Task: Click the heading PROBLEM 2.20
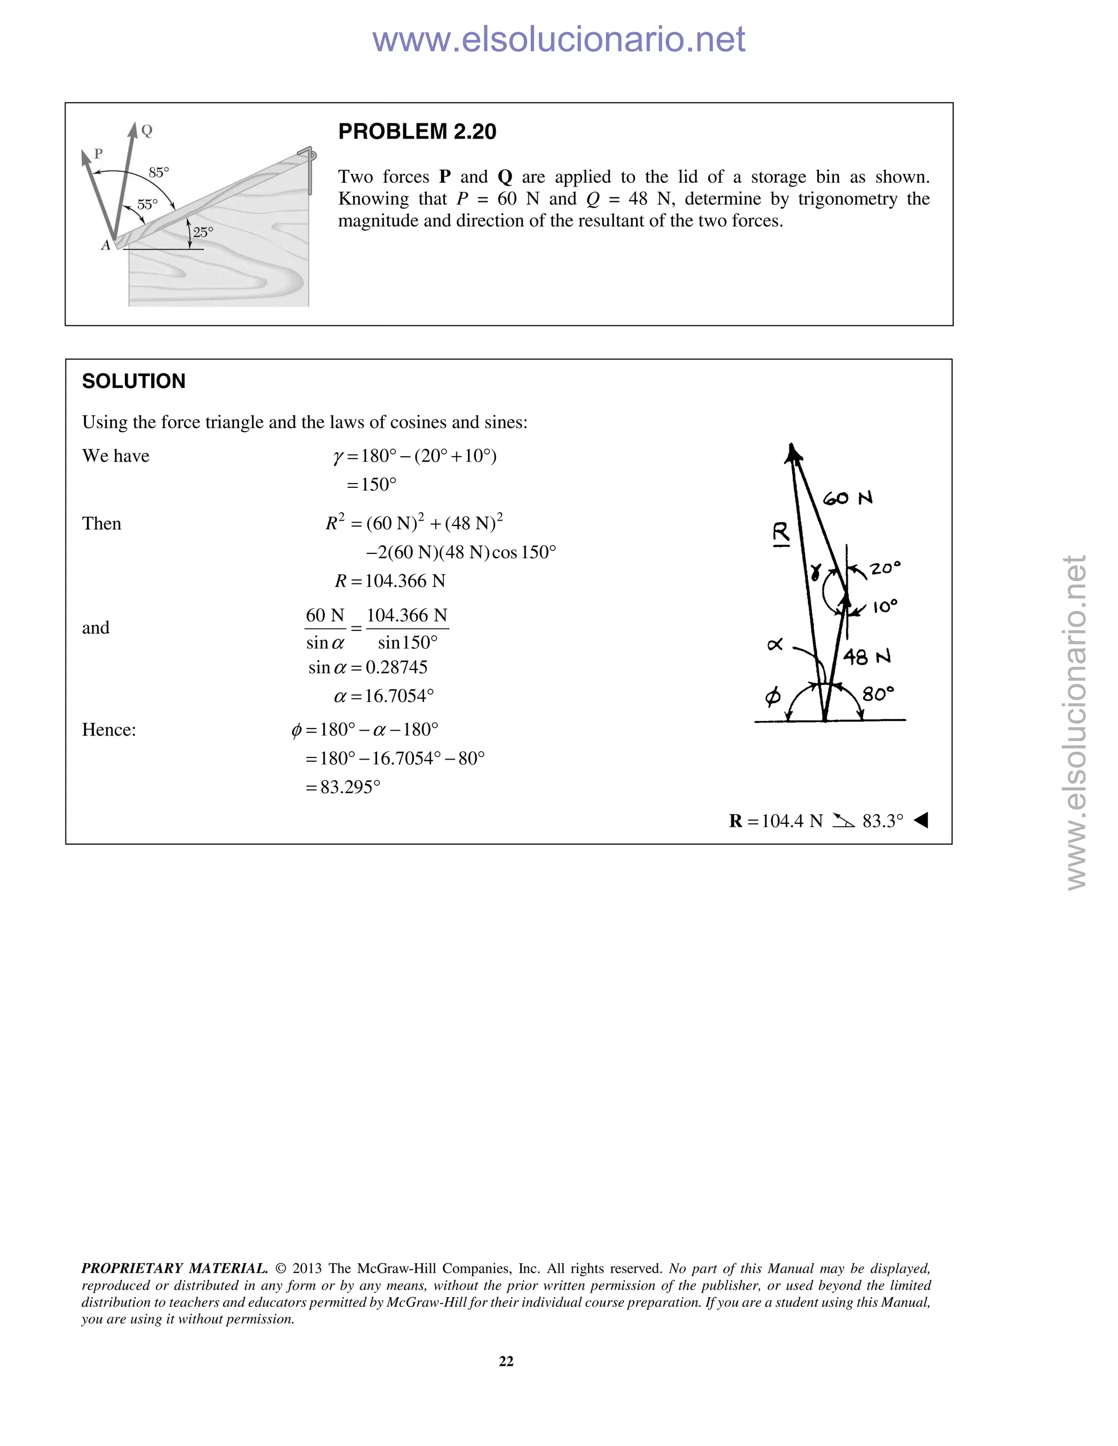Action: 417,132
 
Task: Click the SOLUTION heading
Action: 133,381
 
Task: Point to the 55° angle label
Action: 147,205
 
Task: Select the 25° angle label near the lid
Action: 203,232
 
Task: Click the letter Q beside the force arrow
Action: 147,131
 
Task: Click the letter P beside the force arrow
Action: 99,154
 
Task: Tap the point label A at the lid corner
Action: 105,246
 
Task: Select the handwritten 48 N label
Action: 866,657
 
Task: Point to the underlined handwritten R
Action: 782,534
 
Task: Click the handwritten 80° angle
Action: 878,694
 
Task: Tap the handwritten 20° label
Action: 885,568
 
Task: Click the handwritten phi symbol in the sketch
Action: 772,696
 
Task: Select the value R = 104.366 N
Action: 389,581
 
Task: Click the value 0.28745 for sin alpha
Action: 396,667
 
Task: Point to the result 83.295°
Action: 350,787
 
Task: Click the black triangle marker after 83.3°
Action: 920,820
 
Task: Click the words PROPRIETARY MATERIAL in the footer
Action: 174,1269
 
